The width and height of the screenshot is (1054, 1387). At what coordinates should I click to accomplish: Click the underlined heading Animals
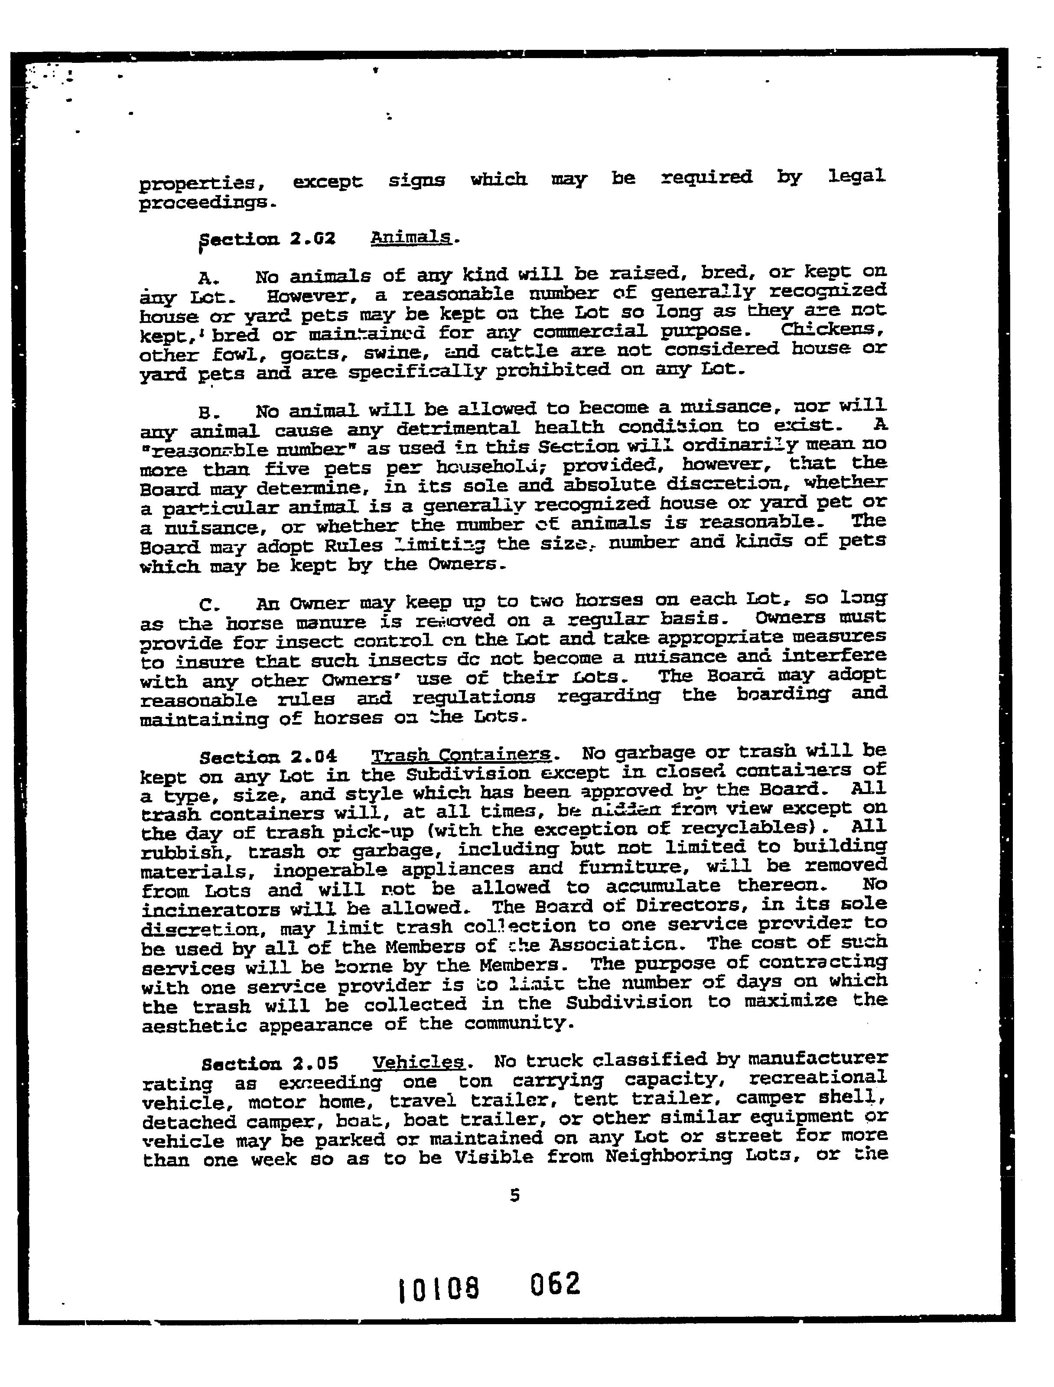(411, 238)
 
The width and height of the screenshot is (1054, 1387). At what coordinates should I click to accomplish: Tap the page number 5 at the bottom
(515, 1195)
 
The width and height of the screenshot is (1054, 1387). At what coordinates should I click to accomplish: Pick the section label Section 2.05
(270, 1064)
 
